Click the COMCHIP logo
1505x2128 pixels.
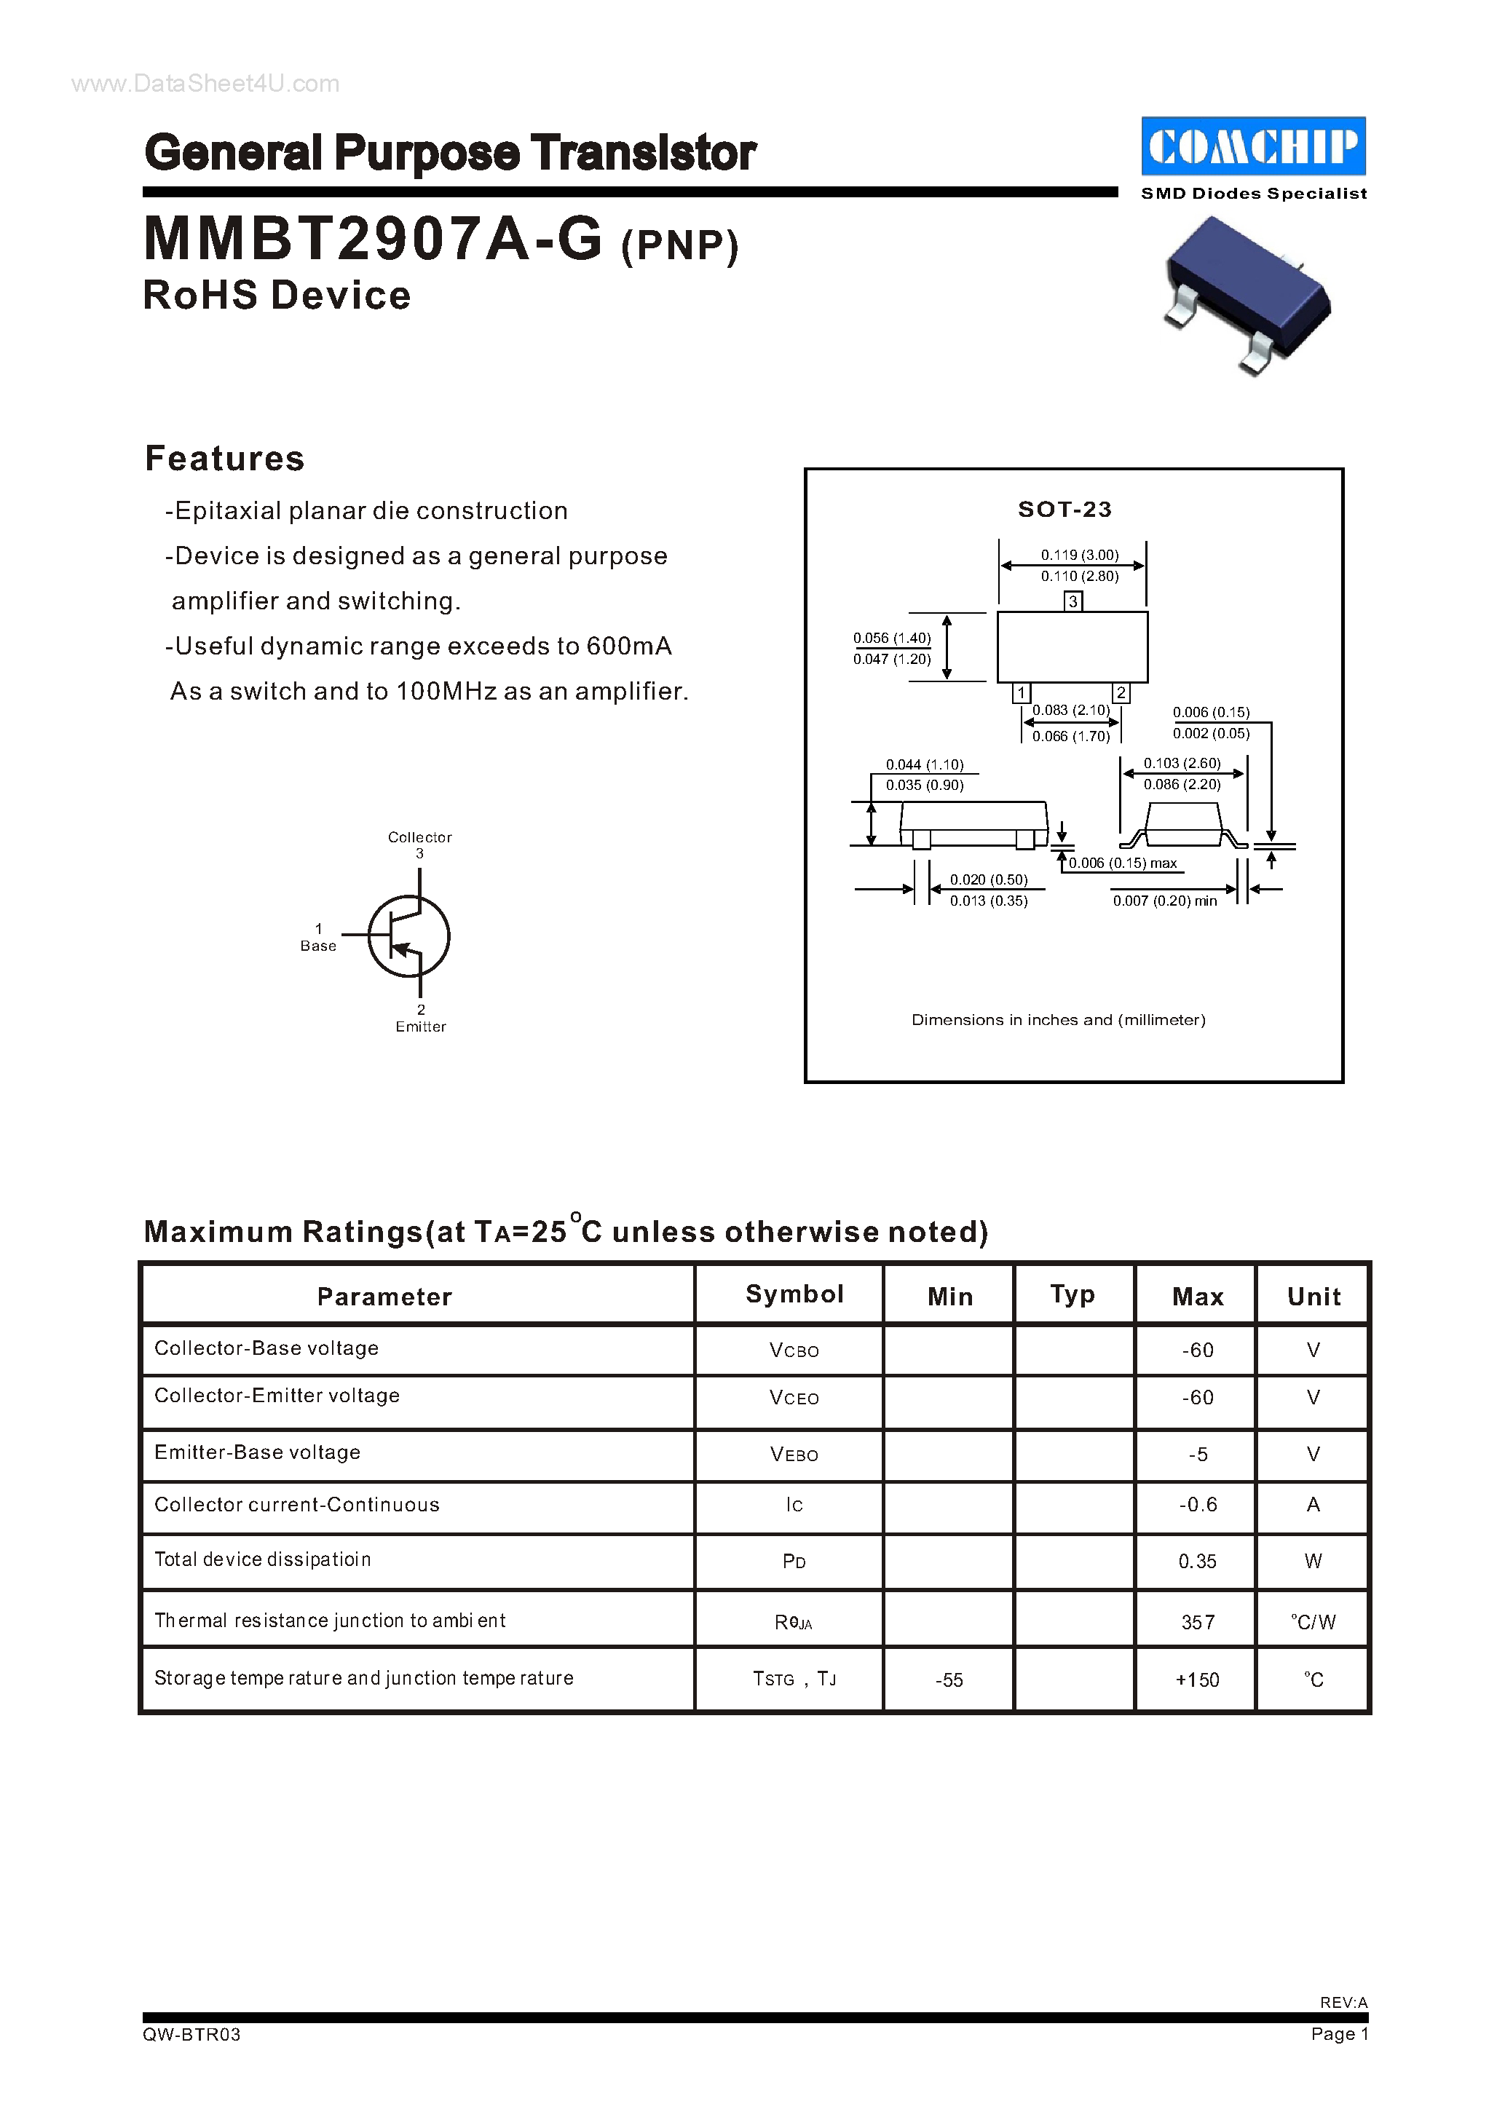pos(1253,146)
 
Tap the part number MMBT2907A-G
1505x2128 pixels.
pos(374,239)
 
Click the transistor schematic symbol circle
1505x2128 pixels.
pos(408,936)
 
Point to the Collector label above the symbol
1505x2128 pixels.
pos(420,837)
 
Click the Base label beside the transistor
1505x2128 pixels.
pos(318,946)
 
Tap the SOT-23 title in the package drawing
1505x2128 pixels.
pos(1064,509)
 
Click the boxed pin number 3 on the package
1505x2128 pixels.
pos(1073,601)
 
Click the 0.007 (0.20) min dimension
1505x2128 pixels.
pos(1165,901)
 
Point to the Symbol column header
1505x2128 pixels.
pos(794,1294)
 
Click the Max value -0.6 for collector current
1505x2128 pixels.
pos(1197,1504)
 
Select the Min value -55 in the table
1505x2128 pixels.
pos(949,1680)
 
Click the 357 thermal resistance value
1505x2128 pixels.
pos(1197,1622)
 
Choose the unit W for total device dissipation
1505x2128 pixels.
pos(1314,1561)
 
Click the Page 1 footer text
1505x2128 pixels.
pos(1339,2033)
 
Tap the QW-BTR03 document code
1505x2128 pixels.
pos(191,2033)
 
